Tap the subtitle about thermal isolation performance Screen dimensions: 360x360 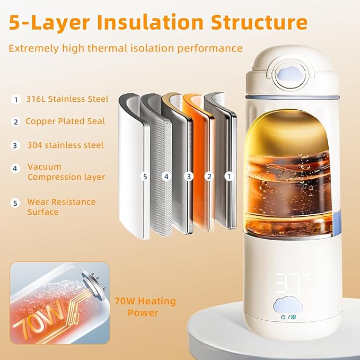(125, 48)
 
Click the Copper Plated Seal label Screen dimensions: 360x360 (65, 121)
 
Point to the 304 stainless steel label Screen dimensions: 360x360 (65, 145)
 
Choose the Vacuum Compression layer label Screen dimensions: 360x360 (66, 172)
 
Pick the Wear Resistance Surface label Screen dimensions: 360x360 (61, 207)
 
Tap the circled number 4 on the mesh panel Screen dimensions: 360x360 (166, 176)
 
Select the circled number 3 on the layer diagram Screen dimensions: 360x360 (188, 176)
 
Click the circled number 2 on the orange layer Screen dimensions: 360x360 (209, 176)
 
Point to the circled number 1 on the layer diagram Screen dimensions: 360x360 (229, 176)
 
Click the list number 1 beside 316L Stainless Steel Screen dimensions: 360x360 (15, 99)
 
